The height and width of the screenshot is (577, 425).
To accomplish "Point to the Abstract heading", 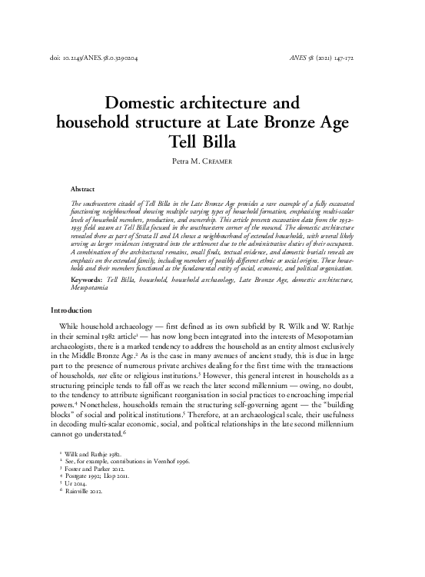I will point(82,188).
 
